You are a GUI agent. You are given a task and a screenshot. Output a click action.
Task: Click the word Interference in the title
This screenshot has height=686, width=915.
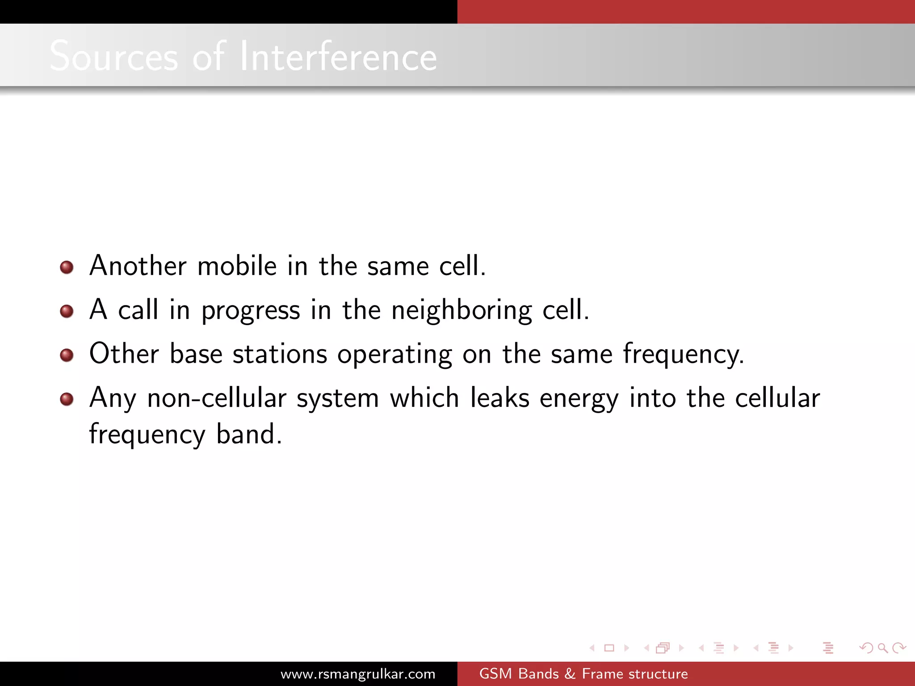(x=338, y=56)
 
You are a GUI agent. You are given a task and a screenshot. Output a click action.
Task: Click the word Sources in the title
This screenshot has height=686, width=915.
(x=113, y=57)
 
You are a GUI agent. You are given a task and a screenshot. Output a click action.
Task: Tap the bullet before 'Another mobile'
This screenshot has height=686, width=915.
(x=67, y=267)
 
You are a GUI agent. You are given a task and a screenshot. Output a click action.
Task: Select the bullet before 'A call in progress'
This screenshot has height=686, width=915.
(x=67, y=311)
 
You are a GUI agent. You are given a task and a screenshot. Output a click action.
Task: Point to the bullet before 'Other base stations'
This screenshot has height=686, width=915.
(x=67, y=355)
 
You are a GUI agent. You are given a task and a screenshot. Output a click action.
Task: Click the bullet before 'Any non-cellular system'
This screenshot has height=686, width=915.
(x=67, y=398)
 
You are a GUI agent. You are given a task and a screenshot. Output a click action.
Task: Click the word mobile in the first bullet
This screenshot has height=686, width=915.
(x=237, y=266)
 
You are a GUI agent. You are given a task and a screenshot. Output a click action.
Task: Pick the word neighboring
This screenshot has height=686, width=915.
(x=462, y=310)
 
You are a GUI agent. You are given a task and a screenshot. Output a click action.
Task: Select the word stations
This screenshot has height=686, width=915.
(x=280, y=354)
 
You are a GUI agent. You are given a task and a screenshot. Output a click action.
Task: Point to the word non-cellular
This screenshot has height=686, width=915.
(x=217, y=398)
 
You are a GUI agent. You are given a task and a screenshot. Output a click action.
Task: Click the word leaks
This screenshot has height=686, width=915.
(x=499, y=397)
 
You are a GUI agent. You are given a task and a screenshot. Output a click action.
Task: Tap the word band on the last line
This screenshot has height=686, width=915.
(x=249, y=434)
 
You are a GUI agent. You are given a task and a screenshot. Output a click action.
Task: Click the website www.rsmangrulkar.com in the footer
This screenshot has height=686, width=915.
(x=358, y=673)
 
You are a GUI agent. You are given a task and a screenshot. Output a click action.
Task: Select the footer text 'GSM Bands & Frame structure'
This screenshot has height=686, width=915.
(x=583, y=673)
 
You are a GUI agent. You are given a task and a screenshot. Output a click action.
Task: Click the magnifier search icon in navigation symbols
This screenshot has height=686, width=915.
(x=882, y=648)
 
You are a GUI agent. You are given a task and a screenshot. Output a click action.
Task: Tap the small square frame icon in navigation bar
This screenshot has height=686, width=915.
(x=609, y=648)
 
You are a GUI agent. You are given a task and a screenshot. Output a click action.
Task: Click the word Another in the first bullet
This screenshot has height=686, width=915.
(x=138, y=266)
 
